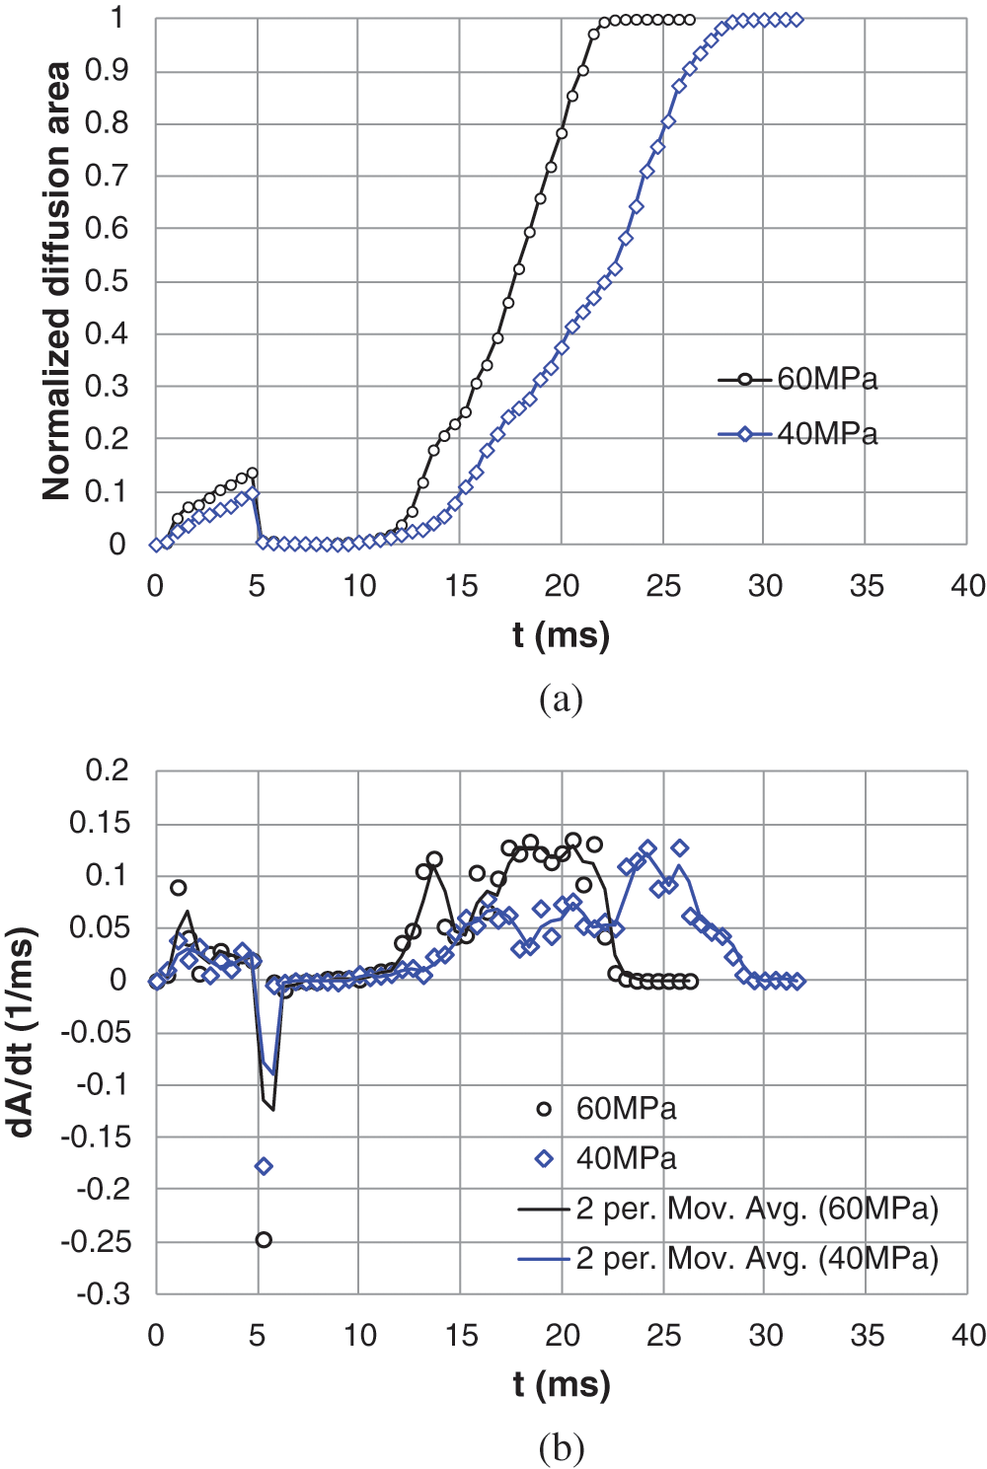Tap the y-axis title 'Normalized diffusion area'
[56, 281]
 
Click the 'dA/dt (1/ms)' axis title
[22, 1031]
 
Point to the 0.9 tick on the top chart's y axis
[107, 71]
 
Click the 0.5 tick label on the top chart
[107, 281]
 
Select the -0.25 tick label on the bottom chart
[96, 1242]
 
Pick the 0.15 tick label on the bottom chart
[100, 823]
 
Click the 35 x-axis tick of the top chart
[866, 586]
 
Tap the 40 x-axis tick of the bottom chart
[967, 1335]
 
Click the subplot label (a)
[561, 698]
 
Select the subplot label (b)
[561, 1447]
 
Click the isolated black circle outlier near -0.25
[264, 1240]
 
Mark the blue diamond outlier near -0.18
[264, 1166]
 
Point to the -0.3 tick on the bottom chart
[104, 1293]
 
